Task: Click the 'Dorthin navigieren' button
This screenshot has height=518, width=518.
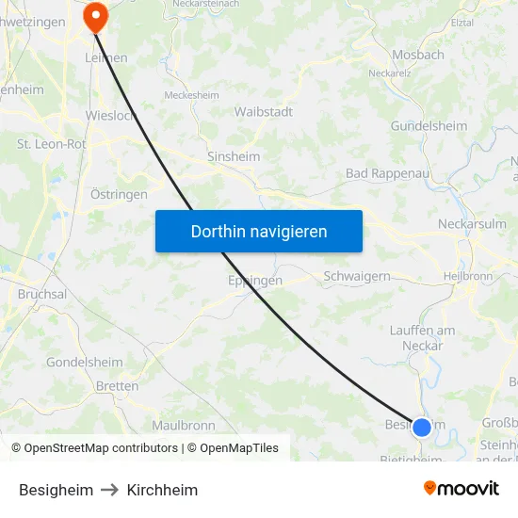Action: [259, 231]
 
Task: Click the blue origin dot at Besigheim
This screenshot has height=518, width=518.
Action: [422, 427]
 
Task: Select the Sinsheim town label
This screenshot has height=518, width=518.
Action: [234, 157]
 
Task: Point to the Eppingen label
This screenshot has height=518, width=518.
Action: [254, 281]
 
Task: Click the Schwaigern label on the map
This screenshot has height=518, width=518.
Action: [356, 276]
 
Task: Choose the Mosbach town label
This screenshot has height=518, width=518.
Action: [417, 55]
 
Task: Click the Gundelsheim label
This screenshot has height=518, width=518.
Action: [429, 126]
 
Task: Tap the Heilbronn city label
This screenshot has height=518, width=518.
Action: [468, 276]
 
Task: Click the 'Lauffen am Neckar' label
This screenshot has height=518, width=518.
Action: [423, 337]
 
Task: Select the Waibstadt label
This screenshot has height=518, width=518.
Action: [263, 111]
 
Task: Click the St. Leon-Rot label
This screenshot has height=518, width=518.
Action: [51, 144]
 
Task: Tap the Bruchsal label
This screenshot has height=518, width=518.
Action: [42, 294]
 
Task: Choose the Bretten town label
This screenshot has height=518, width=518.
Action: [117, 386]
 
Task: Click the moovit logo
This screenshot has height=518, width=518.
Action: [461, 489]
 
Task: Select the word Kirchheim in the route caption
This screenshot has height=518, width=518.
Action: [162, 490]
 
